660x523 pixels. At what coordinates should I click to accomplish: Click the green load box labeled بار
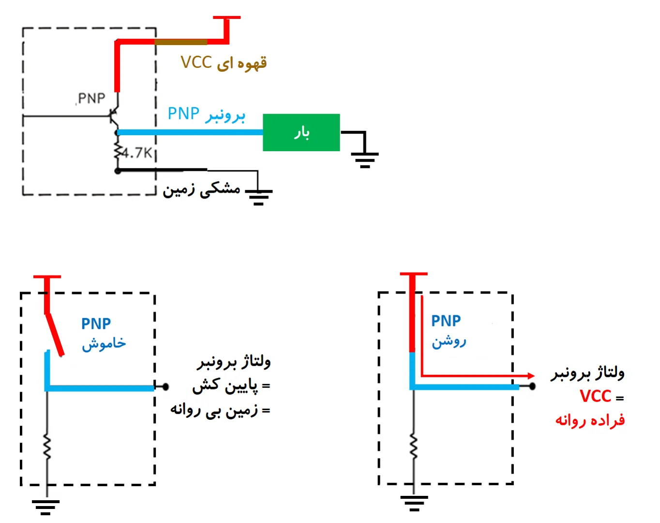(301, 132)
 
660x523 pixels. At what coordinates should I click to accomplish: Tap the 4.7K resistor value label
(137, 153)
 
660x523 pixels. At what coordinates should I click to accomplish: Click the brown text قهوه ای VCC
(224, 63)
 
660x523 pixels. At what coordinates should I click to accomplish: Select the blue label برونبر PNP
(206, 114)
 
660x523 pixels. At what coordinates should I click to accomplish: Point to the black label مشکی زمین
(201, 189)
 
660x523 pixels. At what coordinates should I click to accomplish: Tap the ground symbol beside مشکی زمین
(258, 196)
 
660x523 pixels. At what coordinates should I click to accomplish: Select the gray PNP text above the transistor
(91, 98)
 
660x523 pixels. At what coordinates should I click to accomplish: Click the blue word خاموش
(104, 344)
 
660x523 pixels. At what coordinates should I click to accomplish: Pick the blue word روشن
(449, 341)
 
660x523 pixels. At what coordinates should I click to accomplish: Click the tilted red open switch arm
(55, 335)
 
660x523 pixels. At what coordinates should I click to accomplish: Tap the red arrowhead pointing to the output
(531, 376)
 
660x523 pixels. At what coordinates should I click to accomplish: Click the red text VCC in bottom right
(596, 396)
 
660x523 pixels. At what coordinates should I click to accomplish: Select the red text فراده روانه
(590, 420)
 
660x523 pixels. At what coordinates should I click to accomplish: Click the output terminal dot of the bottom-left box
(165, 386)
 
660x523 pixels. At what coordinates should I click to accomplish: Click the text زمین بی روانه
(214, 410)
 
